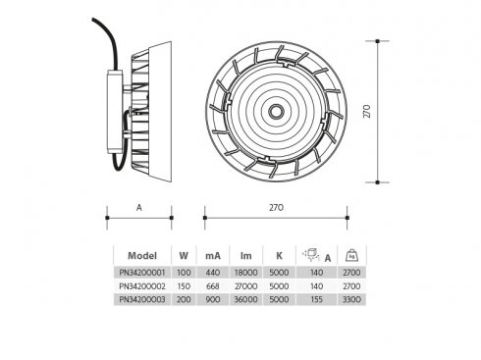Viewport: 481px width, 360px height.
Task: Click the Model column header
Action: [142, 256]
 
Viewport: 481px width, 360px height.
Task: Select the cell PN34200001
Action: [142, 273]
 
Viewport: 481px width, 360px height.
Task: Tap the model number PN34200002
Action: [142, 286]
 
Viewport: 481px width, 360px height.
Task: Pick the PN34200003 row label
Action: [142, 299]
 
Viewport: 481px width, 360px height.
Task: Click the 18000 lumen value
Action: [246, 273]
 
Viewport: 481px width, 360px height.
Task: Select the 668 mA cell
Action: [213, 286]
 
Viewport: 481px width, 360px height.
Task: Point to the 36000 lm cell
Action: [246, 299]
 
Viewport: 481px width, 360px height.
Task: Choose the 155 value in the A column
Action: [316, 299]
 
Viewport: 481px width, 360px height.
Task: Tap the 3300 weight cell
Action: [351, 299]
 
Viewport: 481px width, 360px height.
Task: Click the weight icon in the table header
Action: [351, 255]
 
